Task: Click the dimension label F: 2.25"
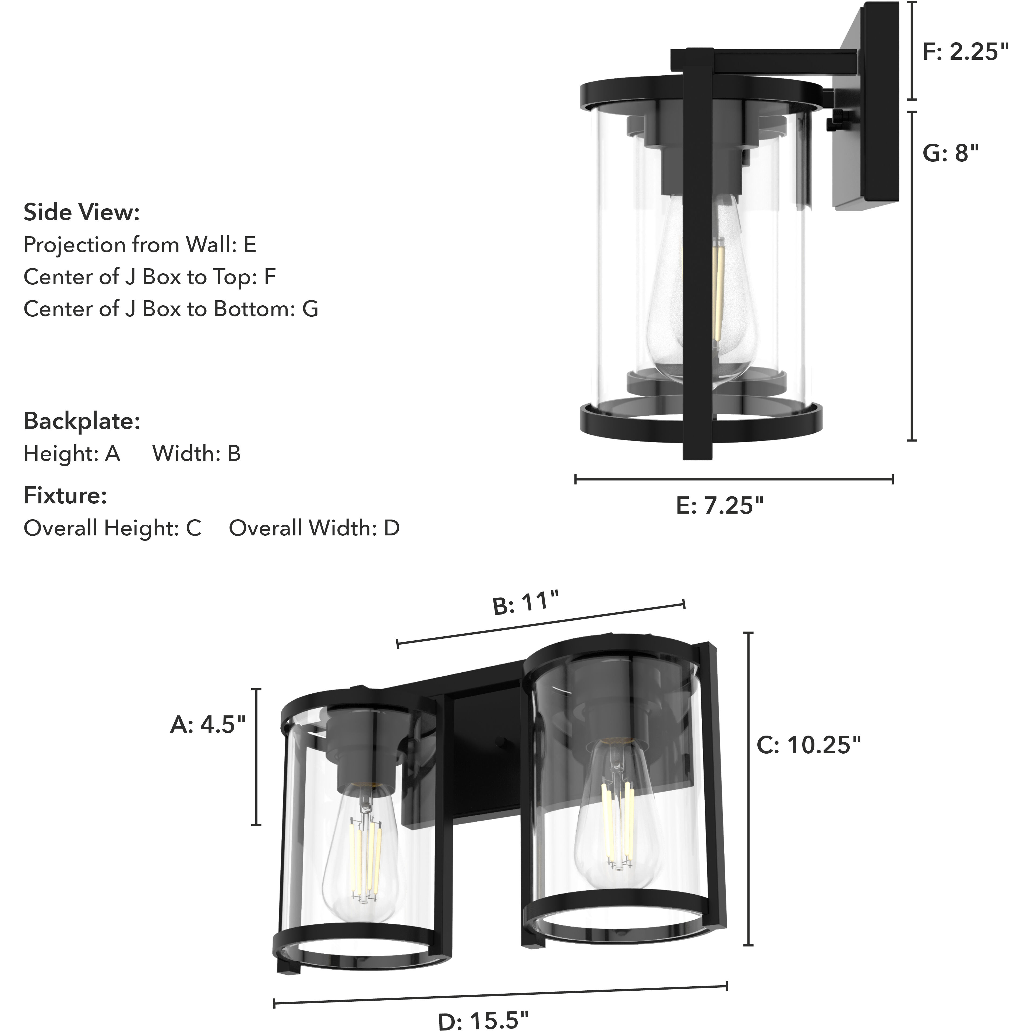pyautogui.click(x=966, y=52)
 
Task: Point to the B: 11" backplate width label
pyautogui.click(x=526, y=603)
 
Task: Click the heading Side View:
pyautogui.click(x=82, y=212)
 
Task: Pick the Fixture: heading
pyautogui.click(x=65, y=496)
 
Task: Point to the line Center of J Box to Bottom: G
pyautogui.click(x=171, y=309)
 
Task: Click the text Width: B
pyautogui.click(x=196, y=454)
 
